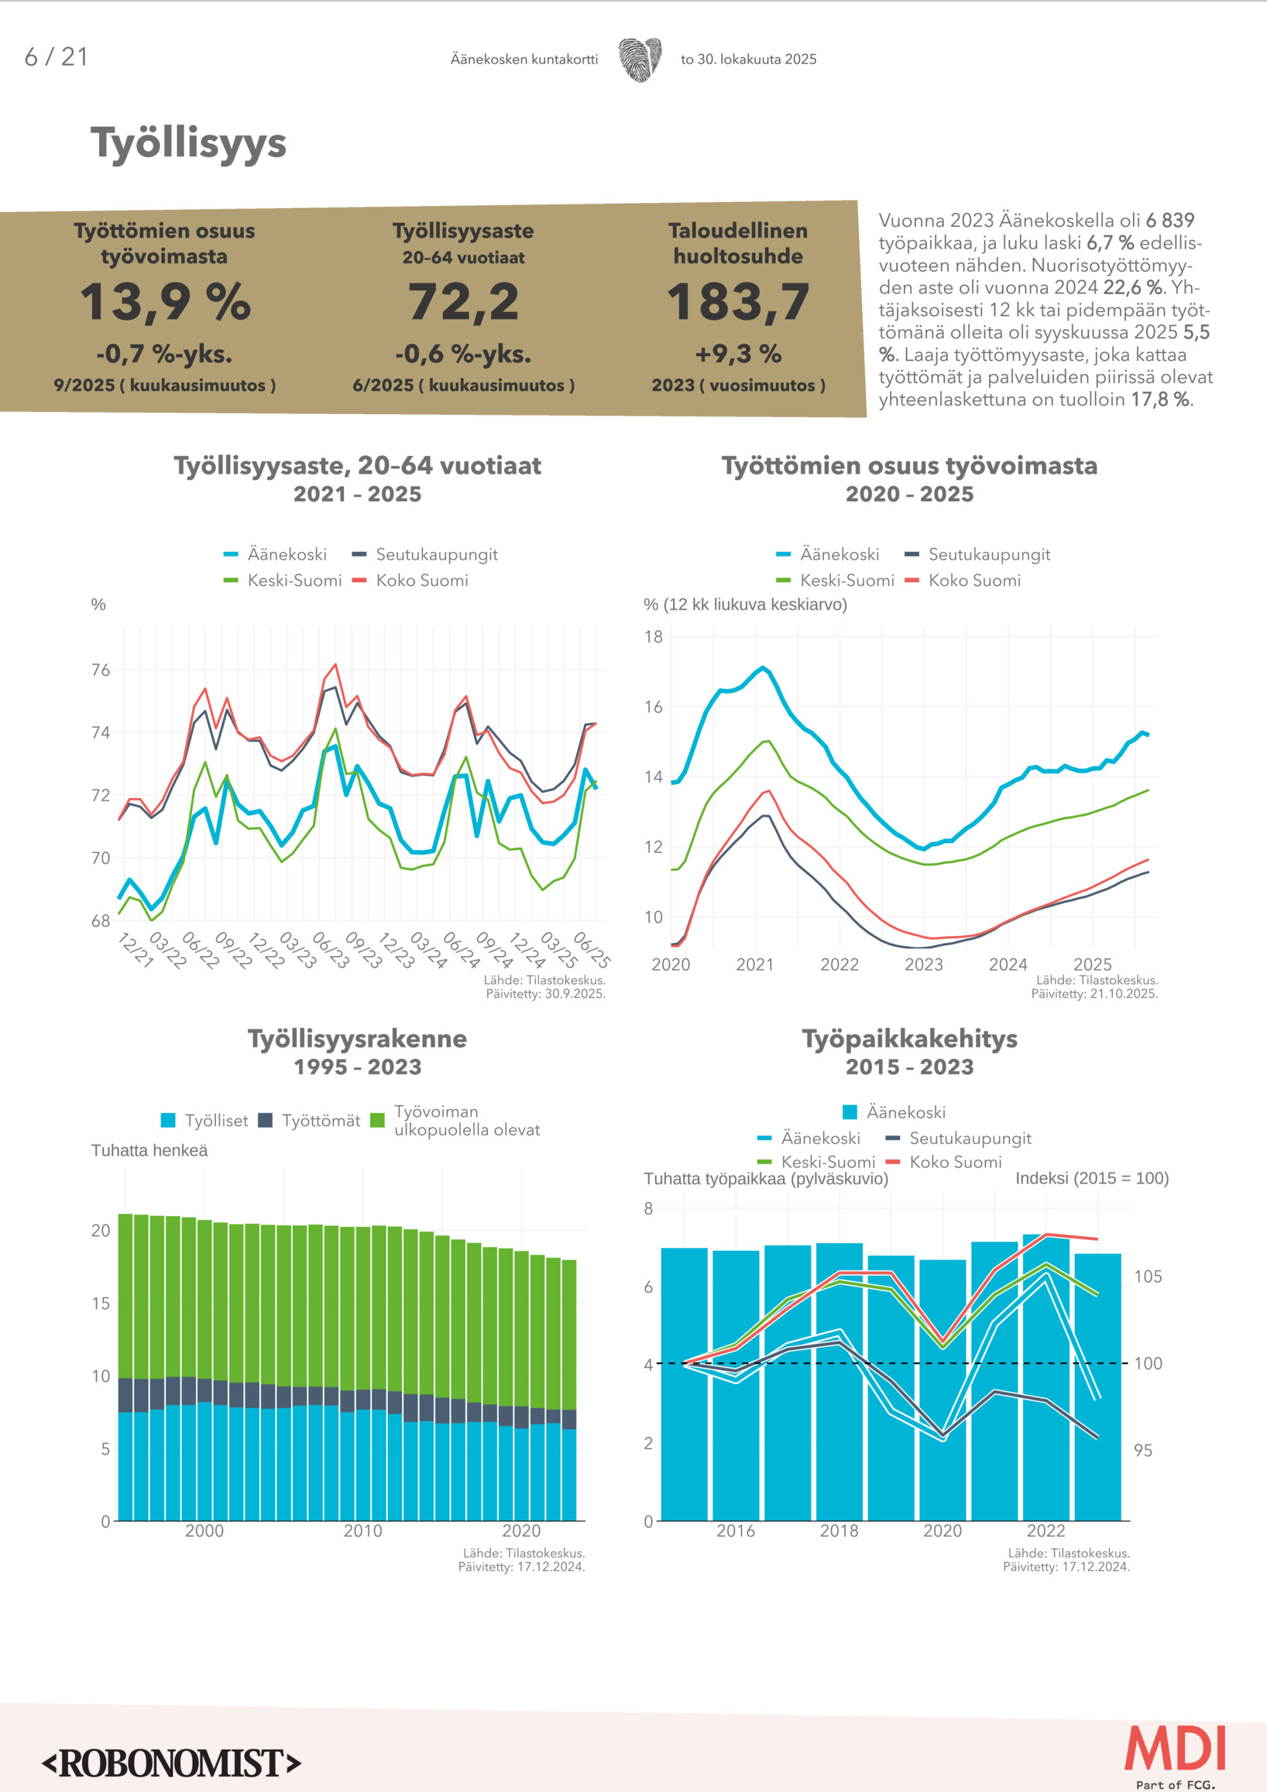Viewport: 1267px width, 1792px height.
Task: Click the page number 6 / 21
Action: [57, 57]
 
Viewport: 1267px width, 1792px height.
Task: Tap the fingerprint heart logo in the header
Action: [640, 60]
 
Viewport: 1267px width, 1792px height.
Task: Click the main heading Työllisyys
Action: [188, 144]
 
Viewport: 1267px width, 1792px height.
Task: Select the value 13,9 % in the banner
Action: [165, 302]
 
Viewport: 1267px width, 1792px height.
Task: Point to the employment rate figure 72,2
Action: [463, 302]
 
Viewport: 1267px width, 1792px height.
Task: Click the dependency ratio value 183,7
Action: [738, 302]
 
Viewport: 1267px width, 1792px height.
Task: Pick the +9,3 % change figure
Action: [738, 355]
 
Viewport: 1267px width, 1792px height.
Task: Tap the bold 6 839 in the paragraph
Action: [1169, 221]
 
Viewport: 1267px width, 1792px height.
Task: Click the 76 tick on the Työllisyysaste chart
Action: [101, 670]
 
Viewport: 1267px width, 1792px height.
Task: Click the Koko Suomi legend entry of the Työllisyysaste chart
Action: [421, 581]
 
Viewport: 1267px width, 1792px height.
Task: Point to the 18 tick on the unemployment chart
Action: [654, 637]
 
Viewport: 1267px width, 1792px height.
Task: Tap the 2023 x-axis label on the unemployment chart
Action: [923, 965]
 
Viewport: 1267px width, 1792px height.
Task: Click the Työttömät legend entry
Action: [320, 1121]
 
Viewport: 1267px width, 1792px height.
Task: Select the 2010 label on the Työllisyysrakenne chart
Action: [363, 1531]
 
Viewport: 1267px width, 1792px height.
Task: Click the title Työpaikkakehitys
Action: [909, 1039]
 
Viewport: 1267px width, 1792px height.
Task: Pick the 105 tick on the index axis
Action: [1148, 1277]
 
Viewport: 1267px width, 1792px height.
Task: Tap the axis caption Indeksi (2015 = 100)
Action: [1091, 1178]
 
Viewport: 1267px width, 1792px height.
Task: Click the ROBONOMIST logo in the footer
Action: [172, 1764]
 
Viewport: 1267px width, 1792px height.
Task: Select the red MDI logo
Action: [1176, 1749]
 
